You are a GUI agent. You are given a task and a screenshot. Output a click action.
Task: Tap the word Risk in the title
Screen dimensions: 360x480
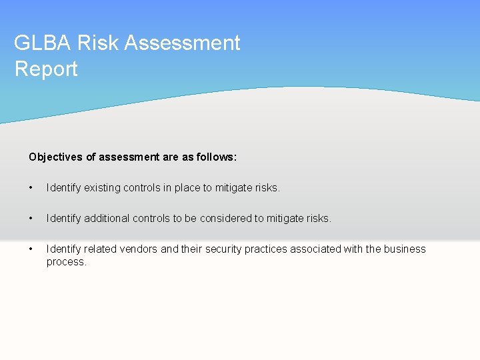(x=99, y=43)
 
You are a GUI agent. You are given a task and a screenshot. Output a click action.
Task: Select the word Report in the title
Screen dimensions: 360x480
(x=46, y=69)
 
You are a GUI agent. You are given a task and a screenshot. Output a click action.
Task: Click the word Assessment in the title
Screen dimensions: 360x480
(x=182, y=43)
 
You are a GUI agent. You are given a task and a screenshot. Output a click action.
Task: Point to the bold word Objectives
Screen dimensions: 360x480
(x=55, y=157)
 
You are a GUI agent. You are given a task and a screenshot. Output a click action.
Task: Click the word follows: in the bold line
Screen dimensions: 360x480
(x=215, y=157)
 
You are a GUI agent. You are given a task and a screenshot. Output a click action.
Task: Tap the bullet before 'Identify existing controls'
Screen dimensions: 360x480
(x=31, y=188)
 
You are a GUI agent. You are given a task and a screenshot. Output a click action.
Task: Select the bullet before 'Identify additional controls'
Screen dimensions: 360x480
(x=31, y=219)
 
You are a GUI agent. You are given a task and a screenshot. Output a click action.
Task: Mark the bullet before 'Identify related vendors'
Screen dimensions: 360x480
(x=31, y=249)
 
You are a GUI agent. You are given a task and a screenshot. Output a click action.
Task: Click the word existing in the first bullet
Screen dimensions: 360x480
(x=101, y=188)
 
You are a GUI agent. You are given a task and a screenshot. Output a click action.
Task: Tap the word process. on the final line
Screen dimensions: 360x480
(x=67, y=262)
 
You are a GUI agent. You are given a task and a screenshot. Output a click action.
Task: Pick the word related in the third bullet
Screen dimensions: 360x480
(x=101, y=249)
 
